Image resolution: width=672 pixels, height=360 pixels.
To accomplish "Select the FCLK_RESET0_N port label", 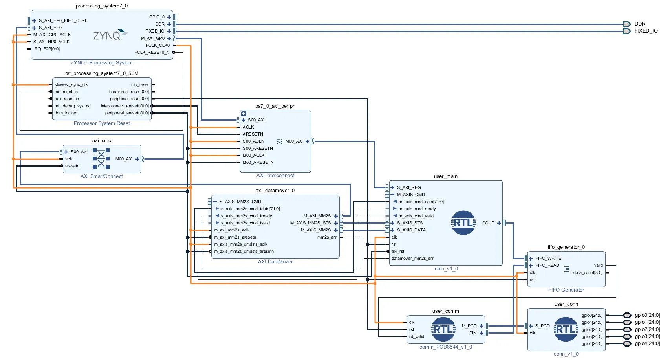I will click(152, 52).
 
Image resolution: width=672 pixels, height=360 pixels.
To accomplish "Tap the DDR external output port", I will click(626, 24).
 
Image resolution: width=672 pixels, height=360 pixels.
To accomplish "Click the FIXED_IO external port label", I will click(646, 31).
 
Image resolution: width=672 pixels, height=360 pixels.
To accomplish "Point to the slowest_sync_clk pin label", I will click(71, 85).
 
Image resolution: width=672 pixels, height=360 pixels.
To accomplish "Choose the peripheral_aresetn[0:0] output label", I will click(127, 113).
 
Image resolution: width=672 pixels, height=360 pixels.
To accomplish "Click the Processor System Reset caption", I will click(102, 123).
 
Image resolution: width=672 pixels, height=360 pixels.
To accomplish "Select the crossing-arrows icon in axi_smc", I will click(101, 159).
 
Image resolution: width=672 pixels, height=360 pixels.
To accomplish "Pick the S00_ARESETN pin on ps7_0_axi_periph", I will click(258, 149).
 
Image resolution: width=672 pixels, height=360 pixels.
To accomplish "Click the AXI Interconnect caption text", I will click(275, 176).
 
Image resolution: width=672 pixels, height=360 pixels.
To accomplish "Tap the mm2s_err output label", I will click(327, 237).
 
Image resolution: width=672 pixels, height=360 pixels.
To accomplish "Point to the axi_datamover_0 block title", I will click(275, 191).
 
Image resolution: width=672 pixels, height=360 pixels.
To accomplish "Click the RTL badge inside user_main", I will click(463, 223).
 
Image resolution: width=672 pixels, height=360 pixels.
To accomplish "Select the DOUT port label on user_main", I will click(488, 223).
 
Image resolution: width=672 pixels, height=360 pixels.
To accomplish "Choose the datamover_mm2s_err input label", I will click(412, 259).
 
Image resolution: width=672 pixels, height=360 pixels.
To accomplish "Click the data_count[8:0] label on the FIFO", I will click(588, 273).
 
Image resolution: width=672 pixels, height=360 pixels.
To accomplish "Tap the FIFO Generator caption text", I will click(566, 290).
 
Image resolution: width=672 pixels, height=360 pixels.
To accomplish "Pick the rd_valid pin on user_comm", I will click(417, 337).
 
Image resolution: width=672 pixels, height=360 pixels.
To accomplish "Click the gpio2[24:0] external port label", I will click(647, 329).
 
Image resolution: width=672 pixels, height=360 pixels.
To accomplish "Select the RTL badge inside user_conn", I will click(566, 329).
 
